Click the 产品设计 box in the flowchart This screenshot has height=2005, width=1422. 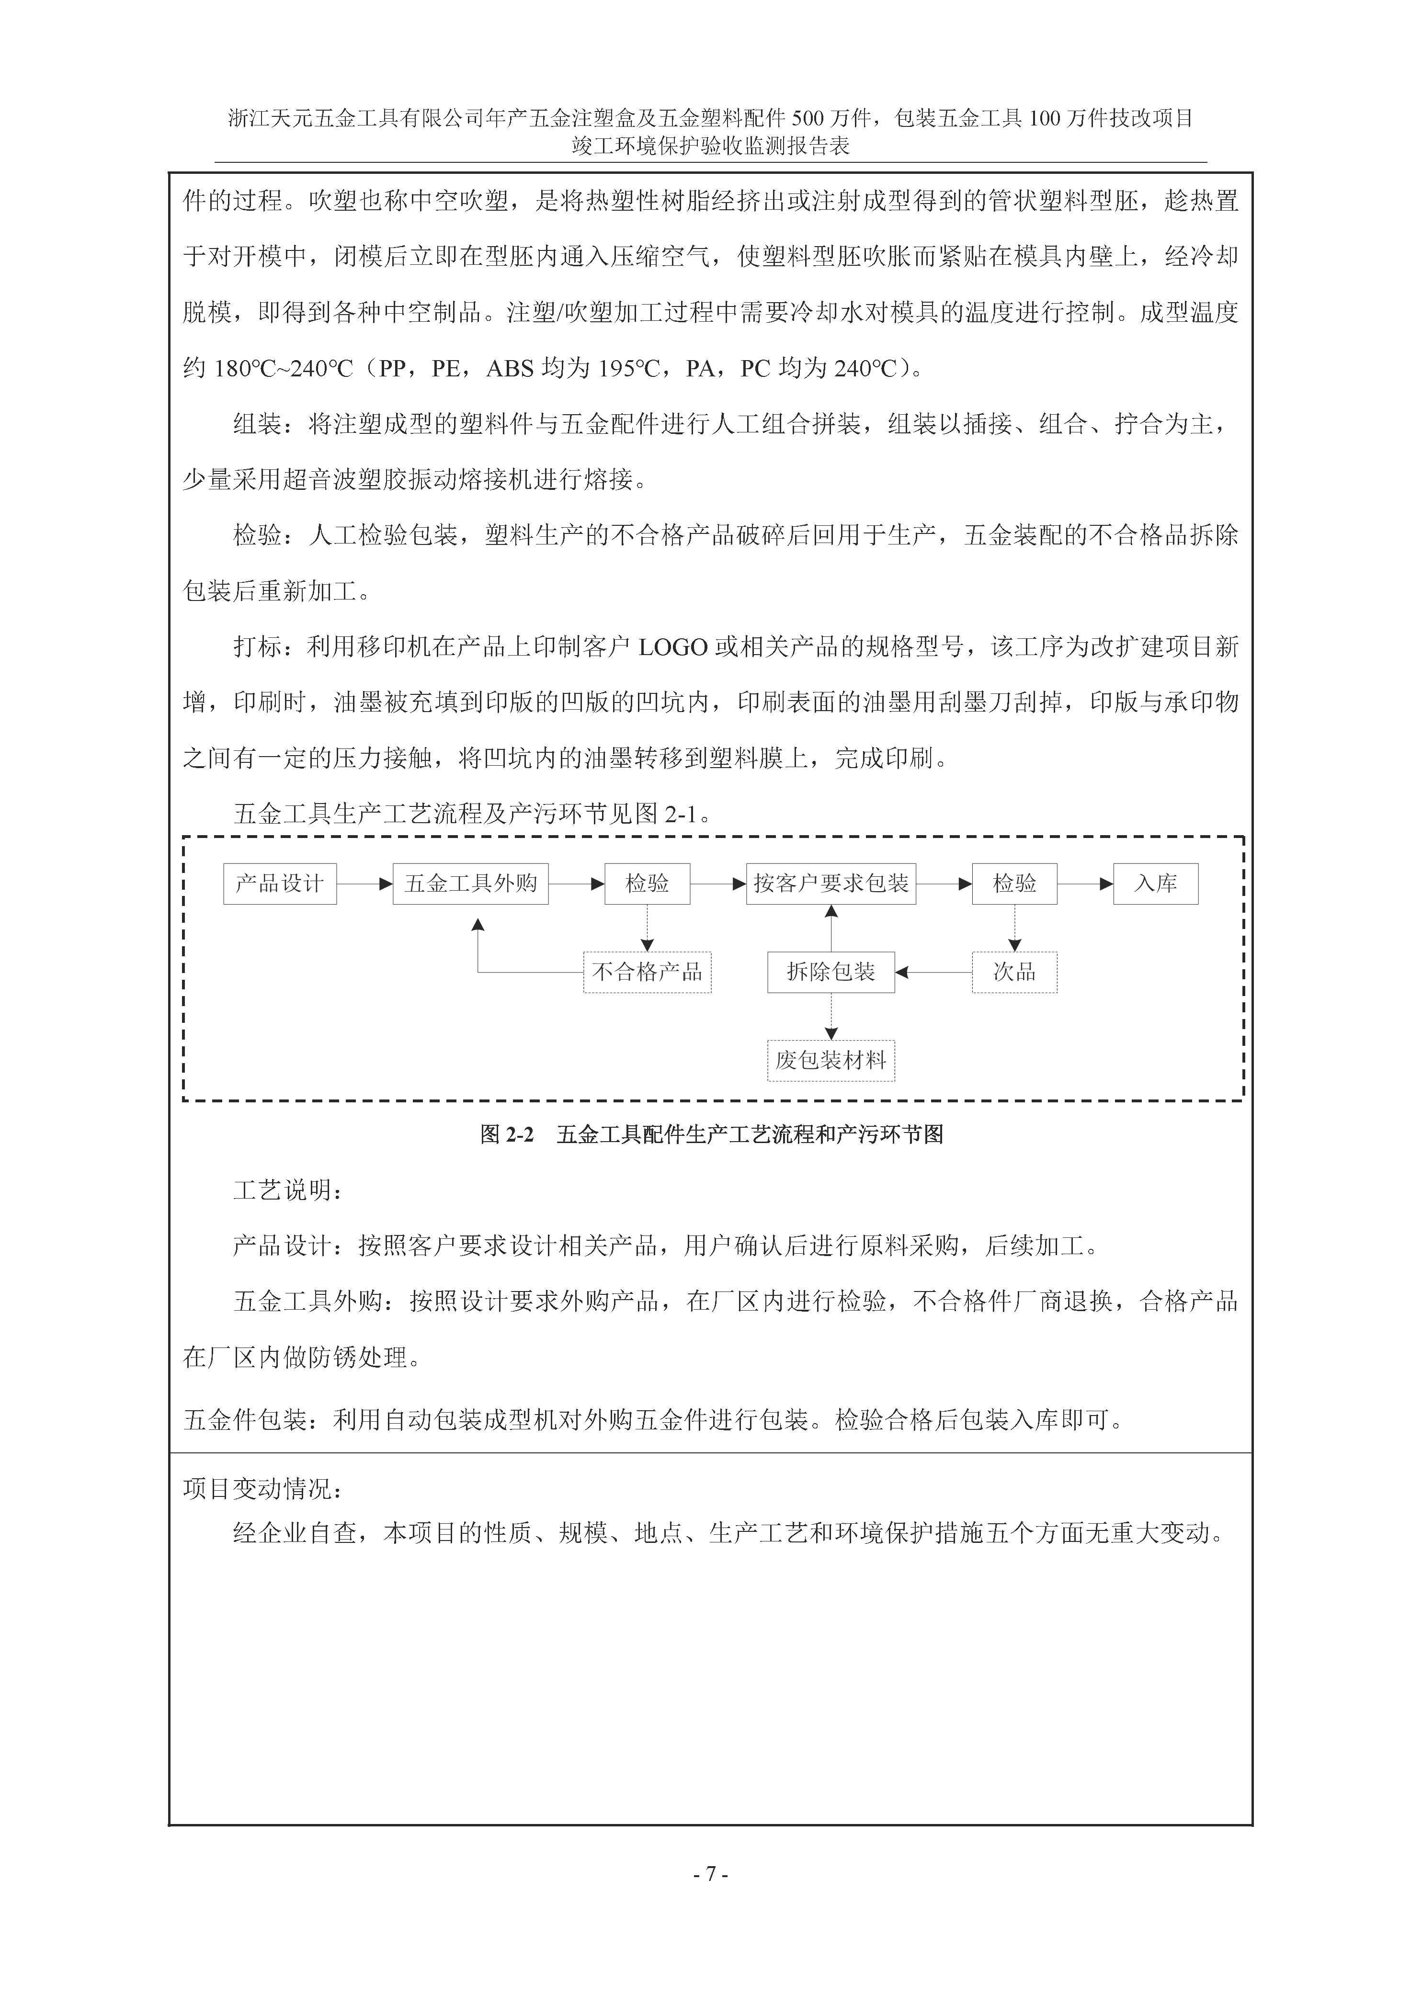pos(279,884)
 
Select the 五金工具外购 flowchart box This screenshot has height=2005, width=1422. pos(470,884)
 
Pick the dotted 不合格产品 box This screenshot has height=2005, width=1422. pos(647,972)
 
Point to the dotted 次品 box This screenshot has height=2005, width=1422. pos(1014,972)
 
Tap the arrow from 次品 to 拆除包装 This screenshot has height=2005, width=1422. pos(933,972)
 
